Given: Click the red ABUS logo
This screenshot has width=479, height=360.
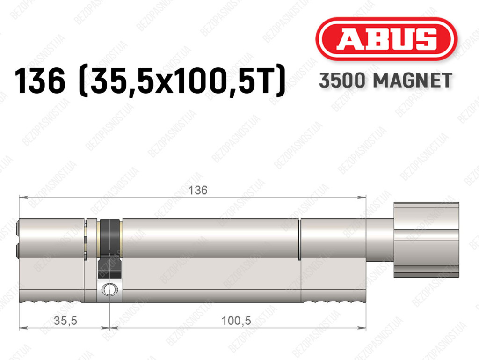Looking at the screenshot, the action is coord(386,39).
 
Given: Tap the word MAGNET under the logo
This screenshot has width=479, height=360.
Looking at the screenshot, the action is coord(412,81).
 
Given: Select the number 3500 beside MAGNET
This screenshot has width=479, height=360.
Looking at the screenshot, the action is coord(342,81).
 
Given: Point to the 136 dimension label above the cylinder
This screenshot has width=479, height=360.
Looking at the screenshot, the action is coord(198,190).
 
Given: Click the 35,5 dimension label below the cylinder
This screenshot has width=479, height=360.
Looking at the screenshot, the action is coord(65,321).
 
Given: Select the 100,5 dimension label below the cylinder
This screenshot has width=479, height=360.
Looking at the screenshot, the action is coord(236,321).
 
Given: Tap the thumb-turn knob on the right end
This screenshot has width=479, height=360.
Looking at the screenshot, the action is coord(426,240).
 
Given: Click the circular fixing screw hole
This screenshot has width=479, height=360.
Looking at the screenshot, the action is coord(109,289).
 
